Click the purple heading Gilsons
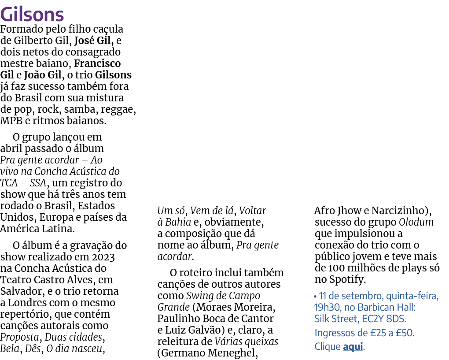pyautogui.click(x=32, y=15)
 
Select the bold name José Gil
pyautogui.click(x=92, y=41)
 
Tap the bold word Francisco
pyautogui.click(x=97, y=63)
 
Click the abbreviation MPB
pyautogui.click(x=11, y=121)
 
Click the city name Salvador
pyautogui.click(x=22, y=291)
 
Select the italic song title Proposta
pyautogui.click(x=19, y=338)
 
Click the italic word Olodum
pyautogui.click(x=416, y=222)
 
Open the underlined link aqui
pyautogui.click(x=353, y=346)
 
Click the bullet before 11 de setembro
pyautogui.click(x=315, y=297)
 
